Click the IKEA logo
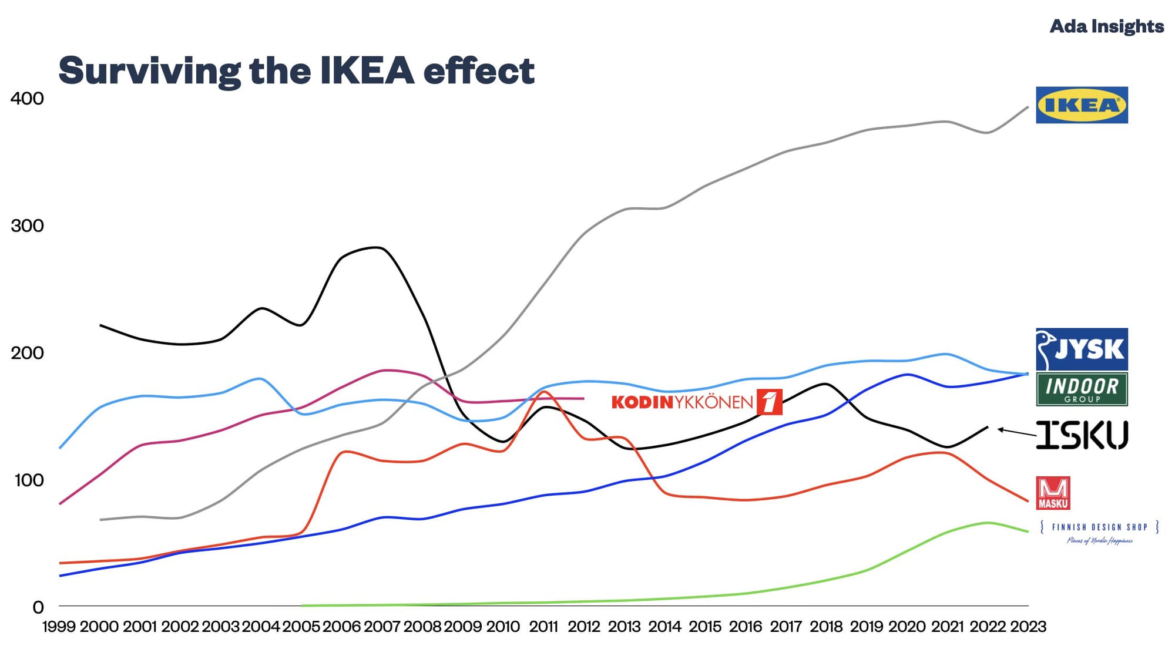coord(1081,105)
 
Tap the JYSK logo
coord(1081,349)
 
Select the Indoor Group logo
coord(1081,389)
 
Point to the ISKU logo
coord(1081,435)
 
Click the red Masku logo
coord(1053,493)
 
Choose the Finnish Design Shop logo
coord(1099,531)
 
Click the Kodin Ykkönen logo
coord(696,402)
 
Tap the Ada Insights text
coord(1106,26)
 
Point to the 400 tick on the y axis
coord(27,98)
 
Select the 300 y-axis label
coord(27,226)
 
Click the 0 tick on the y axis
coord(38,607)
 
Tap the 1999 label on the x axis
coord(59,627)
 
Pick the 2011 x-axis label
coord(543,627)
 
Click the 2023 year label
coord(1028,627)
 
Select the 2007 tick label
coord(382,627)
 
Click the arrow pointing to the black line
coord(1016,432)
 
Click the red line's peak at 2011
coord(544,391)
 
